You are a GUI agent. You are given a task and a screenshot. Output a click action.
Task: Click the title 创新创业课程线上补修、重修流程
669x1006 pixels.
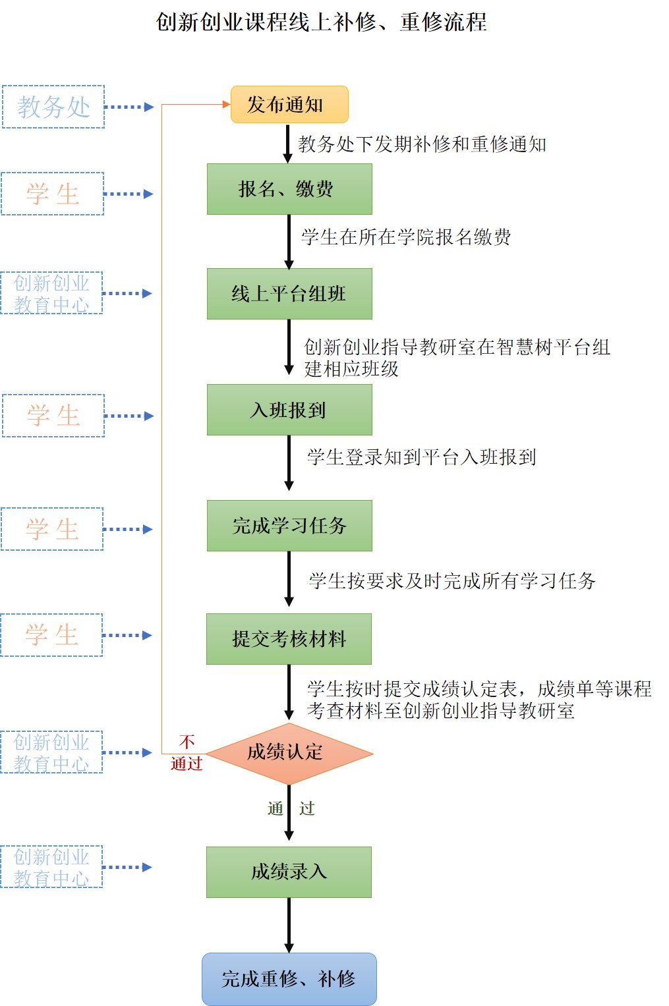(x=321, y=22)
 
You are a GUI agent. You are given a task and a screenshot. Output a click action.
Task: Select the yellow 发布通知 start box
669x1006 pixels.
(x=289, y=105)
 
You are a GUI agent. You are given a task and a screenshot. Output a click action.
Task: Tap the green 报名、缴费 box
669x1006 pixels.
(x=289, y=189)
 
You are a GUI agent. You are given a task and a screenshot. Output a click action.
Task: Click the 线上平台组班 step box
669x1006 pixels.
(x=289, y=294)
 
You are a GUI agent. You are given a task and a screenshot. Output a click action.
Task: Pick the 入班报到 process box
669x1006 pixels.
(x=289, y=410)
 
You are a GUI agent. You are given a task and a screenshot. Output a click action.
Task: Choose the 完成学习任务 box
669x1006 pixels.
(x=289, y=526)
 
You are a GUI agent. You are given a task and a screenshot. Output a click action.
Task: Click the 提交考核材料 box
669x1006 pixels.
(x=289, y=639)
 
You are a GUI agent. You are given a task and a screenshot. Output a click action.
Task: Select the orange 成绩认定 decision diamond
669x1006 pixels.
(x=289, y=752)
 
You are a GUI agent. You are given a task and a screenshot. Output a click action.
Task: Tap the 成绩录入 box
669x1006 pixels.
(x=289, y=872)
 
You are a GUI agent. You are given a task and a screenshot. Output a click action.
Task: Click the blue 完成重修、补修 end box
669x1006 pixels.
(x=289, y=979)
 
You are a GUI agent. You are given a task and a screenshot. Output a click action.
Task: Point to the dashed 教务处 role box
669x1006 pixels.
(x=53, y=107)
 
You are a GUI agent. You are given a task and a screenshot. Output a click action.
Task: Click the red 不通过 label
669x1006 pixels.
(x=187, y=753)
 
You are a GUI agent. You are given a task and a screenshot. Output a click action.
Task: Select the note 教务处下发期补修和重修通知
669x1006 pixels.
(x=422, y=144)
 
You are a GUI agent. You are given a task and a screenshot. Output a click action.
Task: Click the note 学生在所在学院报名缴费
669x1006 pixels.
(x=406, y=237)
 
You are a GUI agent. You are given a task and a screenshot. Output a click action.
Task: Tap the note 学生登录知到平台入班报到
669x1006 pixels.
(x=421, y=457)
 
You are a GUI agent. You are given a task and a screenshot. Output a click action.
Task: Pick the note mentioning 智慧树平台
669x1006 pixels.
(x=456, y=358)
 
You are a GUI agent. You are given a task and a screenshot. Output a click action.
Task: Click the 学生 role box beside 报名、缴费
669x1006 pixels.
(x=53, y=194)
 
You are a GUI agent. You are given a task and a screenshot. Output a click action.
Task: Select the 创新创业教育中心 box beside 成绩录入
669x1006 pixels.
(x=51, y=867)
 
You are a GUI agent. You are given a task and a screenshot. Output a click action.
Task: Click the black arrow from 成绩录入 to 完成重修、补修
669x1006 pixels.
(x=289, y=925)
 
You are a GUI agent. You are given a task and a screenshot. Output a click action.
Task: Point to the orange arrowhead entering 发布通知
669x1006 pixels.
(x=226, y=105)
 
